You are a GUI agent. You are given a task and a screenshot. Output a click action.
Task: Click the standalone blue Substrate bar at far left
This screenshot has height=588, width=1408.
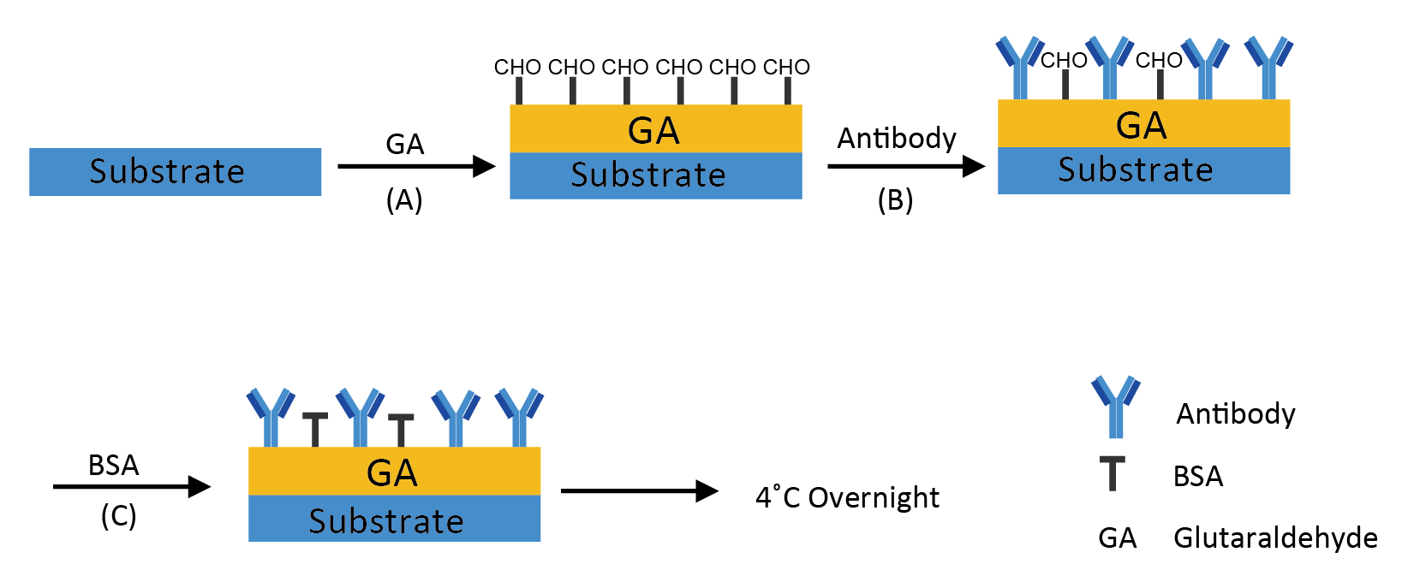[175, 171]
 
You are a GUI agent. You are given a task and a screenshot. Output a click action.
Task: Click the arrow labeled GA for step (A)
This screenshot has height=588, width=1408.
[417, 167]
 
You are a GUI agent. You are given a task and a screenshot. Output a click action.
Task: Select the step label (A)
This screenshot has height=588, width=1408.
[404, 201]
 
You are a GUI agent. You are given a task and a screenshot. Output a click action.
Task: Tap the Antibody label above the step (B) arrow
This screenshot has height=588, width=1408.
[897, 138]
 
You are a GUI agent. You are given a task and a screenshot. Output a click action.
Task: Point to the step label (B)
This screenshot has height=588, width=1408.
[895, 201]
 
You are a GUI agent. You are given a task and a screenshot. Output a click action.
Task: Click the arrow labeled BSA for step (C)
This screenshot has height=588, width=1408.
[132, 486]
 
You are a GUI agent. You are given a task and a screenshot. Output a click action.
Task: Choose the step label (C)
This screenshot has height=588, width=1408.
[119, 516]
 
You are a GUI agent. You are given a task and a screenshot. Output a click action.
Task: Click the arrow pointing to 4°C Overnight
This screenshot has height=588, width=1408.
[640, 490]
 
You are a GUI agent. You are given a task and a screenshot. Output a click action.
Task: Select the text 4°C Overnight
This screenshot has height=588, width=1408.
[847, 497]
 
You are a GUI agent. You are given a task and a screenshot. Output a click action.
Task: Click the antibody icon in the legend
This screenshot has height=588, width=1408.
[1116, 407]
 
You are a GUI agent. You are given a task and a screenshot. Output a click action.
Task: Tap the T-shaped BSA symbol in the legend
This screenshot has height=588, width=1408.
[1112, 473]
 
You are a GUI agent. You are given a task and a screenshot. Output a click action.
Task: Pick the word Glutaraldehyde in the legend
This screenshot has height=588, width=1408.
[1275, 538]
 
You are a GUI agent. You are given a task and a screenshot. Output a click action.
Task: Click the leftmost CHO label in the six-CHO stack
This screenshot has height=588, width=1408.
[517, 67]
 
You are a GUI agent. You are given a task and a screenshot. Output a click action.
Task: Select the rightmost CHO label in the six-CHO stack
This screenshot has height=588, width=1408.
[786, 67]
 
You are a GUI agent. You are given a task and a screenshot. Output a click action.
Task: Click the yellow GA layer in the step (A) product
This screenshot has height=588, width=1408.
[655, 128]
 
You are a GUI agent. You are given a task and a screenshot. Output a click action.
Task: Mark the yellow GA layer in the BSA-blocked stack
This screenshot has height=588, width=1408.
[394, 471]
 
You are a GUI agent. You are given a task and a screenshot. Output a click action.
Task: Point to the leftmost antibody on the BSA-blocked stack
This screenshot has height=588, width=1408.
[271, 417]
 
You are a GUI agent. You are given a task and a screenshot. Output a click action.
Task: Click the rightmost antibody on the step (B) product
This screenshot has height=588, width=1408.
[1269, 68]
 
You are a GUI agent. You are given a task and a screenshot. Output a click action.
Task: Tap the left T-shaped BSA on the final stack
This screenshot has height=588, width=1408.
[315, 430]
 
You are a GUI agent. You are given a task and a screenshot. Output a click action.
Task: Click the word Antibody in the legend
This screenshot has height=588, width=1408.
[1236, 413]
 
